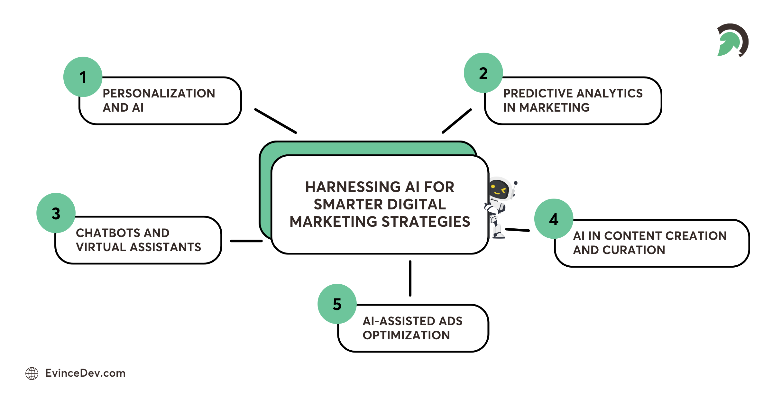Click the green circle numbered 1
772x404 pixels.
tap(83, 77)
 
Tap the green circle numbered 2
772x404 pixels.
tap(483, 73)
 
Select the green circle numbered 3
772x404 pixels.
tap(56, 213)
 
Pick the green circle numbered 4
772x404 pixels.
tap(554, 219)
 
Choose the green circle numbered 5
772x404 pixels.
tap(337, 304)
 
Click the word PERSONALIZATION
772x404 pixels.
tap(159, 93)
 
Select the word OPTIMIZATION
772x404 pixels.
tap(406, 335)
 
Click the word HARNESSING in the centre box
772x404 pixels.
tap(353, 187)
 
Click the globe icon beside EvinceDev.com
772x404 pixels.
tap(32, 373)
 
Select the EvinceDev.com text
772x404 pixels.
tap(85, 373)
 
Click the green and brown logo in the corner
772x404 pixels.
tap(733, 40)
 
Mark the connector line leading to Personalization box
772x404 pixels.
tap(275, 121)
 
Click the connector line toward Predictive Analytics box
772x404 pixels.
tap(457, 121)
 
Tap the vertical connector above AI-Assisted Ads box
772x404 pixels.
tap(410, 278)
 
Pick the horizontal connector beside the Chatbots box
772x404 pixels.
tap(246, 241)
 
